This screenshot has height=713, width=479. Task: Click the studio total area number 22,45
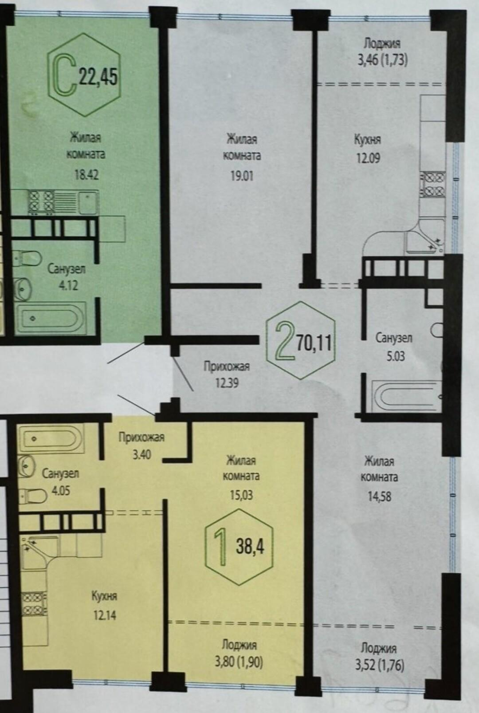[x=98, y=77]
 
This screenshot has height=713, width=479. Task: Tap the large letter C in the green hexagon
[x=63, y=75]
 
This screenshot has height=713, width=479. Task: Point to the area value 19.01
[x=242, y=176]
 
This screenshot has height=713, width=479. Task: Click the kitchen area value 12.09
[x=368, y=158]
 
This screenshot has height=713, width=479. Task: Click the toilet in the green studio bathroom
[x=27, y=258]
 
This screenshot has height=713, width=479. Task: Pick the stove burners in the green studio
[x=41, y=201]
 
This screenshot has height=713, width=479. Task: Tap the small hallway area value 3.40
[x=142, y=455]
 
